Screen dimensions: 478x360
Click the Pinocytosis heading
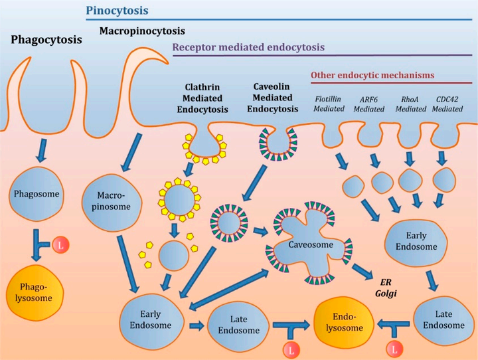click(x=117, y=11)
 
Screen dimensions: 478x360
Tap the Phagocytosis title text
click(x=46, y=40)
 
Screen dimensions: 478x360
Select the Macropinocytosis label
click(x=142, y=31)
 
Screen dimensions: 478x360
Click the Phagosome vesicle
click(x=37, y=194)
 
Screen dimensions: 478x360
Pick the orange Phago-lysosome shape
click(x=35, y=292)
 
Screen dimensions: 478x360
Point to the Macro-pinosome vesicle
click(x=112, y=202)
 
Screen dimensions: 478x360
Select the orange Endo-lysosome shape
click(x=344, y=322)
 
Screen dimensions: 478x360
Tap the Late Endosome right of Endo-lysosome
click(x=443, y=319)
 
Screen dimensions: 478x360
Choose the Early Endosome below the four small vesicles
click(x=416, y=241)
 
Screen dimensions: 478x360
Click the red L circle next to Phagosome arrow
click(x=60, y=245)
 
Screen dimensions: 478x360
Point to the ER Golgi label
click(x=386, y=288)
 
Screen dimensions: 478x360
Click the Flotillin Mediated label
click(x=329, y=104)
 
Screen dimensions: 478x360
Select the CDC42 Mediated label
click(x=447, y=104)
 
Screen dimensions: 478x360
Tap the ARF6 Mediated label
click(x=369, y=104)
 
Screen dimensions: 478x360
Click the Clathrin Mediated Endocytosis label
click(x=202, y=98)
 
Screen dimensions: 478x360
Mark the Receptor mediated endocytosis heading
click(x=248, y=47)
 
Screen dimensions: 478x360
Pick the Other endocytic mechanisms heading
click(x=372, y=75)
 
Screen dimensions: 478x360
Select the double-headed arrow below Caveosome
click(x=228, y=289)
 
